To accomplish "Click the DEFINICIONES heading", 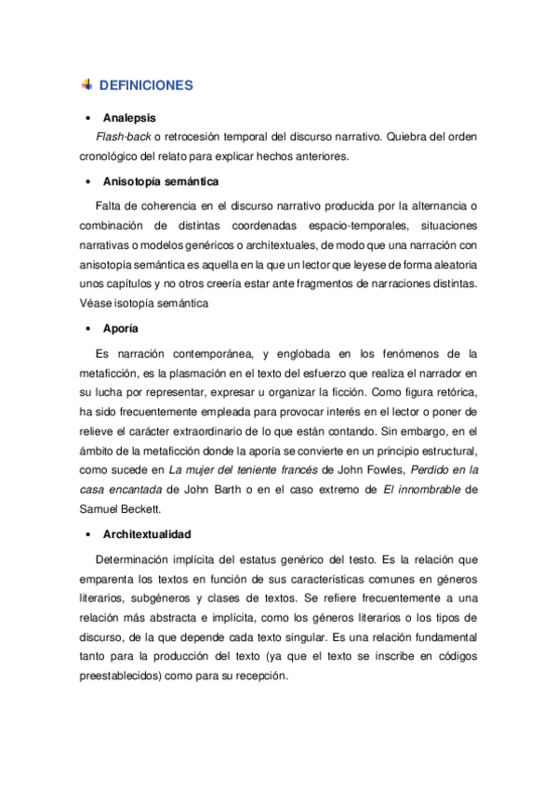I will (x=145, y=85).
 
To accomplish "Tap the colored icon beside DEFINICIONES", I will (x=86, y=85).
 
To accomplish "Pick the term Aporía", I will (x=121, y=329).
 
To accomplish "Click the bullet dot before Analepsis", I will (x=86, y=118).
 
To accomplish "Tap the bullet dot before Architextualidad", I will (x=86, y=535).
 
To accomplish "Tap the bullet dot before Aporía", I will (x=86, y=329).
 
